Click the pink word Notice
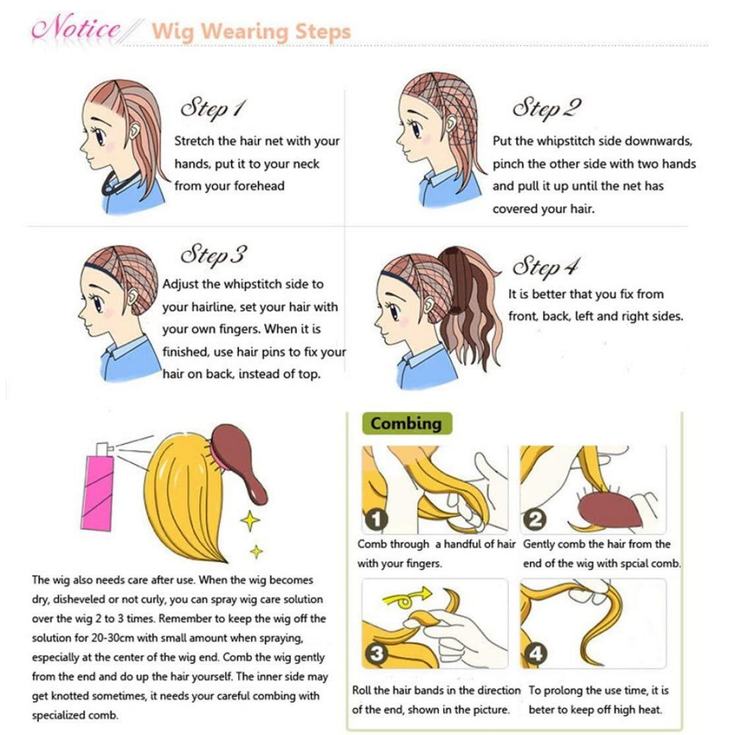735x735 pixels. [x=76, y=28]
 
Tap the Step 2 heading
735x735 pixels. [x=547, y=108]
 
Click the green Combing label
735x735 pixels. [x=407, y=423]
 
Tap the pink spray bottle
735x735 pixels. [x=98, y=487]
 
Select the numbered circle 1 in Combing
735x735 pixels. [x=376, y=520]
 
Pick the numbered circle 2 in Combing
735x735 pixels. [x=535, y=520]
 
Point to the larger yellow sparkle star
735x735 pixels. [x=251, y=520]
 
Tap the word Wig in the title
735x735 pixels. [x=173, y=32]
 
